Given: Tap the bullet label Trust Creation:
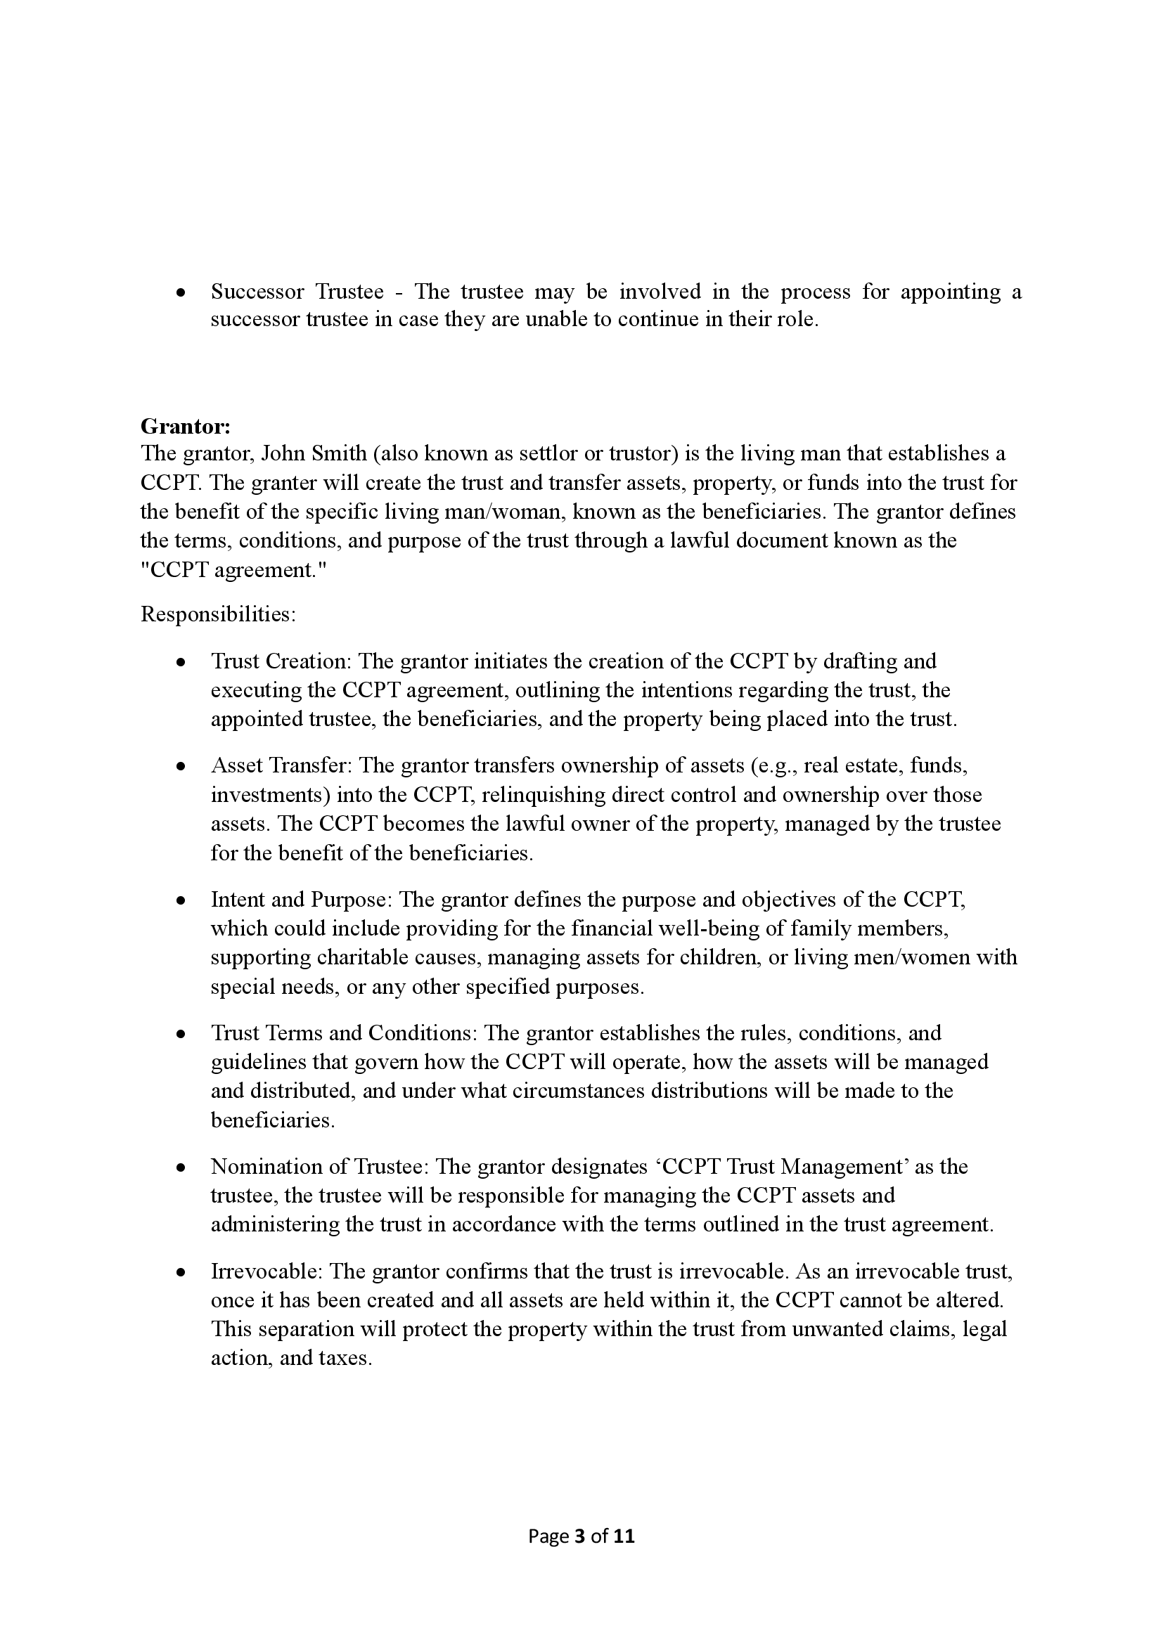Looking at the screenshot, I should [x=281, y=661].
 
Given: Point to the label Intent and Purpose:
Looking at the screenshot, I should [x=302, y=900].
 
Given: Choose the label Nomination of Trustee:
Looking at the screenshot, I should [x=319, y=1167].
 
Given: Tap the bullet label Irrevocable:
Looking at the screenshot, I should [x=268, y=1271].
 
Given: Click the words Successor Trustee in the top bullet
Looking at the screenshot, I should [x=297, y=292].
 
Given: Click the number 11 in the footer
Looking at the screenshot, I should [x=624, y=1536].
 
